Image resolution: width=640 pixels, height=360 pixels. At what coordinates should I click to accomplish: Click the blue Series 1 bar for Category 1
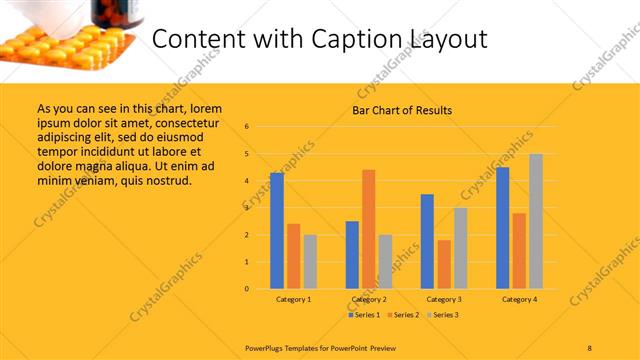tap(277, 231)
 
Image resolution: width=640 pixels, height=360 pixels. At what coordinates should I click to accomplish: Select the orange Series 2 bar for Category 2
tap(368, 229)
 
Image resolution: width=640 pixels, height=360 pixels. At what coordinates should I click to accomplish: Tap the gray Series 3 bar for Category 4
tap(536, 221)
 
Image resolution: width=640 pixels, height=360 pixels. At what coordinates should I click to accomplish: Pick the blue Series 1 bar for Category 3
tap(427, 241)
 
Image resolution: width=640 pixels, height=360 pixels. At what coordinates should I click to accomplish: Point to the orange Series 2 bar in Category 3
tap(444, 264)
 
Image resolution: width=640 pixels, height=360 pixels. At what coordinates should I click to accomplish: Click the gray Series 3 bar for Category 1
tap(310, 261)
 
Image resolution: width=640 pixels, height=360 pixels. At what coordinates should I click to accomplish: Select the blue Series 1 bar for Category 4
tap(503, 228)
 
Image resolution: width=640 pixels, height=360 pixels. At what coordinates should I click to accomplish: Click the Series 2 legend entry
tap(402, 315)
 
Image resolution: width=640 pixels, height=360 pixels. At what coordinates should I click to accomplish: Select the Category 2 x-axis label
tap(369, 299)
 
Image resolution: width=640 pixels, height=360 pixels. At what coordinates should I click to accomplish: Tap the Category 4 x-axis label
tap(519, 299)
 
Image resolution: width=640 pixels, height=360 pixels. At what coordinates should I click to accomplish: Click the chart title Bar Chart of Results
tap(401, 110)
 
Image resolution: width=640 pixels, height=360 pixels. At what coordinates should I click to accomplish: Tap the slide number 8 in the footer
tap(590, 347)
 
